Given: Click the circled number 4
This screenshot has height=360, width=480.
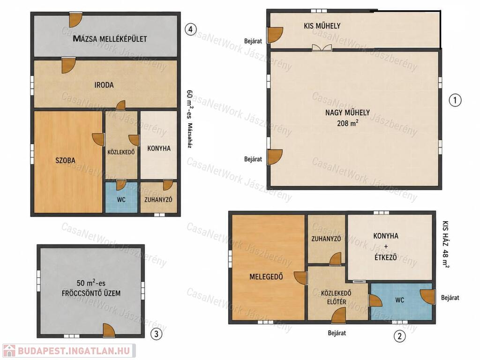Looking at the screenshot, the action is [x=191, y=30].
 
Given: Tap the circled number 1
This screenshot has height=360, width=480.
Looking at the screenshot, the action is [x=455, y=100].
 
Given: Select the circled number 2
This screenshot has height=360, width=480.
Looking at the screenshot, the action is [x=399, y=336].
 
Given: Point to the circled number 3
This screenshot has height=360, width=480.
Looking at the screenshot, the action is [x=157, y=334].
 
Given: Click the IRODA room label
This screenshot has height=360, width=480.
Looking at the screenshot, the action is [x=104, y=85].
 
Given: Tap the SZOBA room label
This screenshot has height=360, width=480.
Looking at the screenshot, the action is [x=65, y=160].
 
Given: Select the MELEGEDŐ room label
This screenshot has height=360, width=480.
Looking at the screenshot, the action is [x=266, y=277].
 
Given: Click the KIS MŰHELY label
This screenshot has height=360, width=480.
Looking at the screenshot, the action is [x=322, y=26].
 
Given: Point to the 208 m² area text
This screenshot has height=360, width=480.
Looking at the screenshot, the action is [x=348, y=123].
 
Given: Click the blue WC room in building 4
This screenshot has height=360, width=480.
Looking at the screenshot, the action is [x=121, y=197].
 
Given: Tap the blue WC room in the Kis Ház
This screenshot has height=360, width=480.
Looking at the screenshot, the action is [x=401, y=301].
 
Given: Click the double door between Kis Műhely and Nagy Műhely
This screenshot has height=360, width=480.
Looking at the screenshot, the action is [x=322, y=47].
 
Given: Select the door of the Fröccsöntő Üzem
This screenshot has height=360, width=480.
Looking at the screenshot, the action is [x=108, y=330].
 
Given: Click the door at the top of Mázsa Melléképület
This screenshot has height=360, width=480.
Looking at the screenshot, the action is [x=75, y=19].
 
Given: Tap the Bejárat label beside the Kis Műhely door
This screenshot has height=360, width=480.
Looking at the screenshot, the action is [x=253, y=41].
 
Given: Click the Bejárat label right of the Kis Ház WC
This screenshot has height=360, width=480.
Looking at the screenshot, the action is [x=450, y=297].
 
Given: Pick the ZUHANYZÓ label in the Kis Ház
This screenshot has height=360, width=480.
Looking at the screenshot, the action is [x=326, y=238].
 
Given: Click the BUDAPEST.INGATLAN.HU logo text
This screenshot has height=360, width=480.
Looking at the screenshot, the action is [x=74, y=351].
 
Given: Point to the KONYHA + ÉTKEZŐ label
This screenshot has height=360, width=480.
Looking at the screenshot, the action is [x=386, y=247].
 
